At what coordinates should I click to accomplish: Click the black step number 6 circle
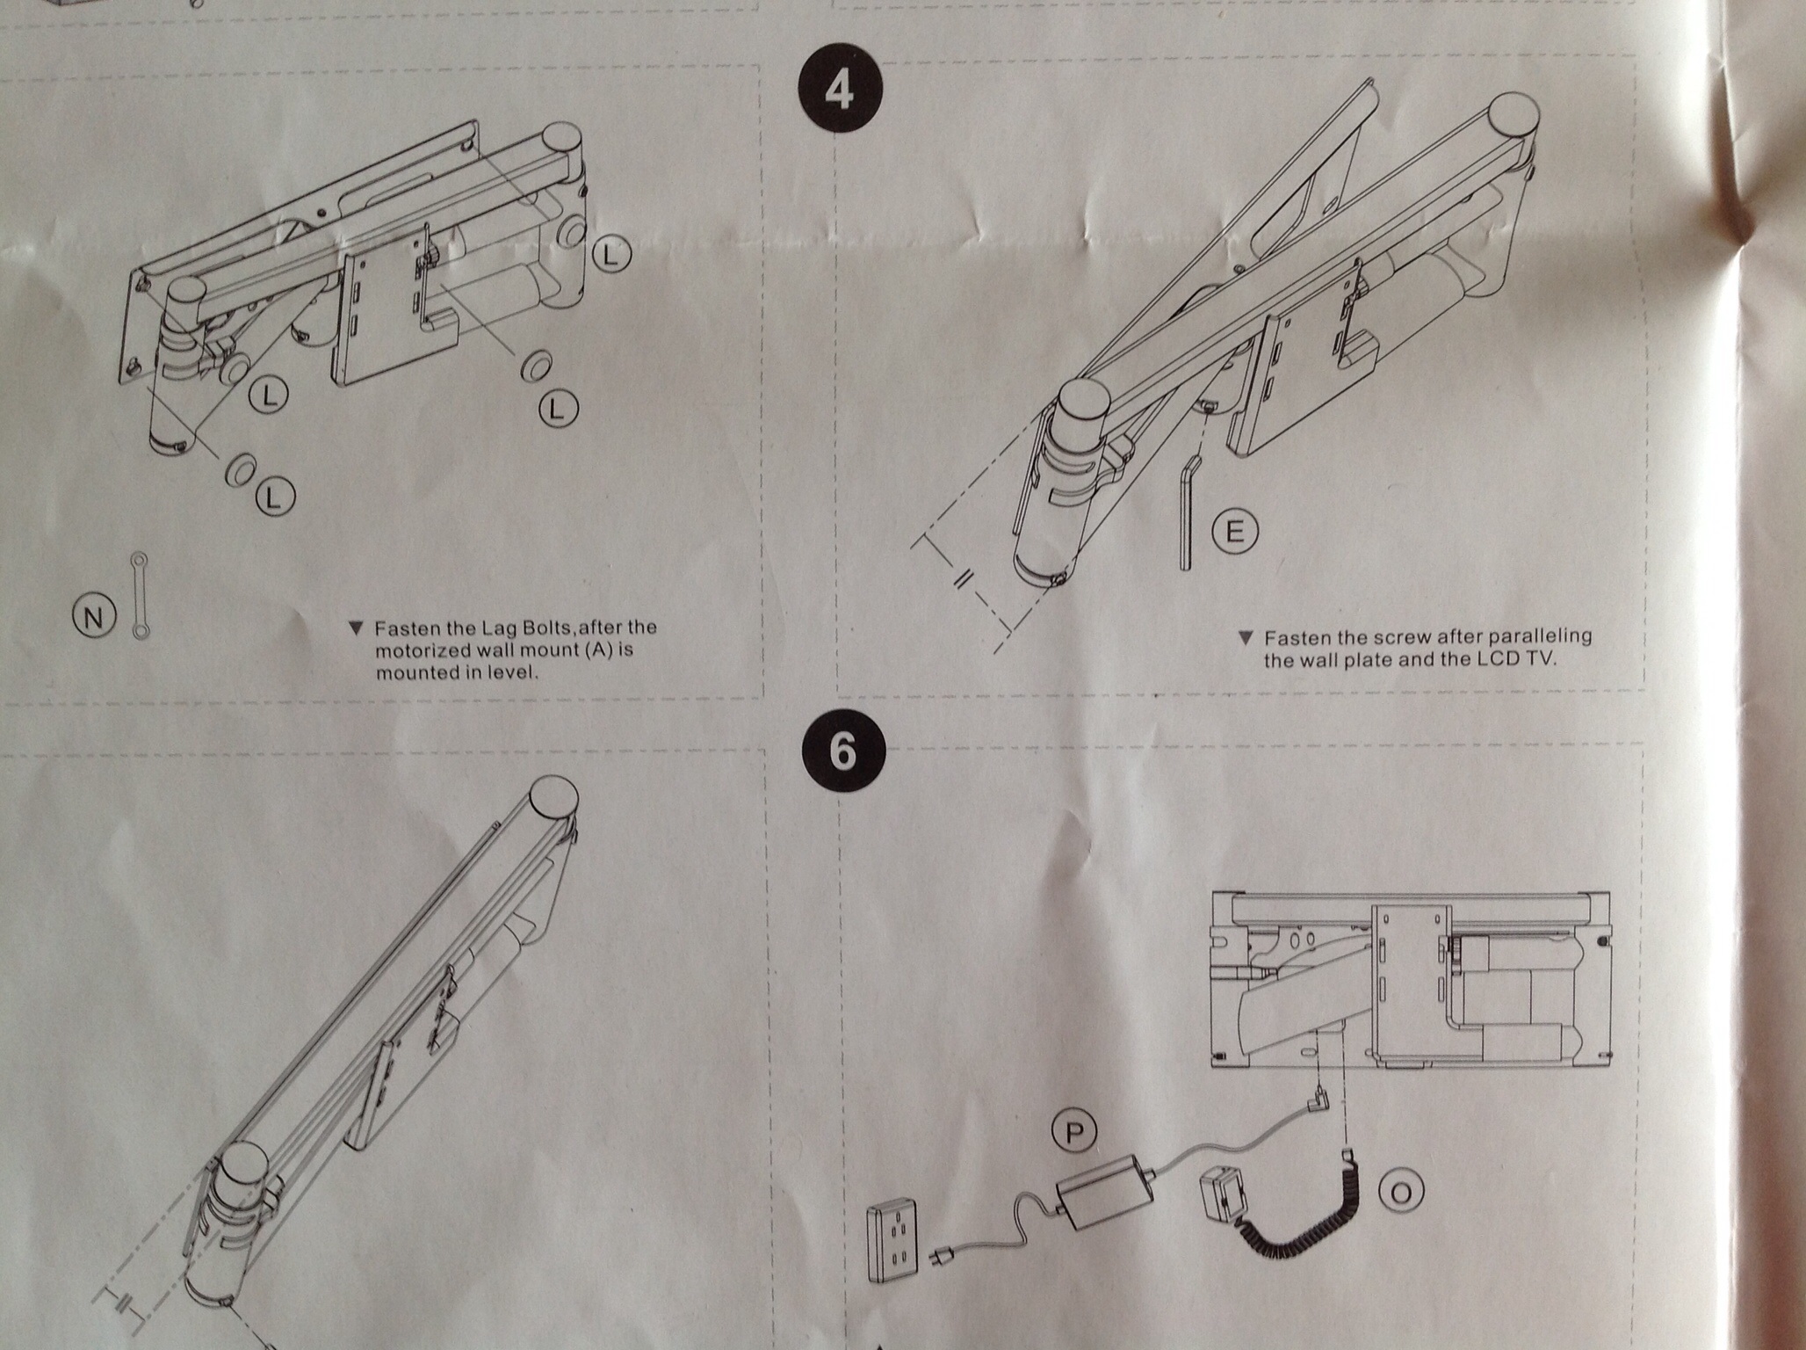coord(842,751)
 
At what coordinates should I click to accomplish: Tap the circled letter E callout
coord(1234,532)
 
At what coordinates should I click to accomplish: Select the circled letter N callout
coord(92,617)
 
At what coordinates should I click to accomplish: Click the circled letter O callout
coord(1401,1192)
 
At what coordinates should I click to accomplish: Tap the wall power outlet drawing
coord(892,1242)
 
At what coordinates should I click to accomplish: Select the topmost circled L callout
coord(611,255)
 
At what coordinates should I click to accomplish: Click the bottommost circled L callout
coord(275,498)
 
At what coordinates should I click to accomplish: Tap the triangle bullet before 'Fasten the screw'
coord(1245,637)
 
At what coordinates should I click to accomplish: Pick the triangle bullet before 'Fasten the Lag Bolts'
coord(355,628)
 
